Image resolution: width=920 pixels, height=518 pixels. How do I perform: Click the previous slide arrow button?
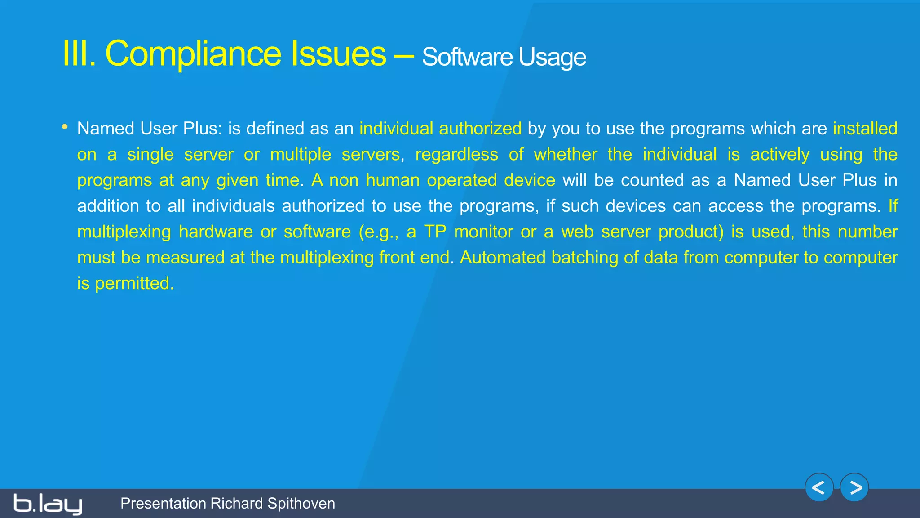(x=819, y=487)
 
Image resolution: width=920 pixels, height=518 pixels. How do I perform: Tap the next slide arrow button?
(x=854, y=487)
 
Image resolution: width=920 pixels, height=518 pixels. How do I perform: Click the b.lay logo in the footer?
(x=48, y=504)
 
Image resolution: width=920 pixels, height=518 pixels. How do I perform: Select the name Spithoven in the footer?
(x=301, y=504)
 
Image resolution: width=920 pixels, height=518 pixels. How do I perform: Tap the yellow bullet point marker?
(x=65, y=127)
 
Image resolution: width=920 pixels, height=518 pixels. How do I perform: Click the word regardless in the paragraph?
(x=456, y=155)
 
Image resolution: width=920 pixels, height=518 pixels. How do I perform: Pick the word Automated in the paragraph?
(x=502, y=258)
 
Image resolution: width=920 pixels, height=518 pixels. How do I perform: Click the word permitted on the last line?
(x=134, y=284)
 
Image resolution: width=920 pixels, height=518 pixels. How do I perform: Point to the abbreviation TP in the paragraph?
(x=435, y=232)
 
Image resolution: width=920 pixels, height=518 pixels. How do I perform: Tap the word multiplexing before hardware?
(x=124, y=232)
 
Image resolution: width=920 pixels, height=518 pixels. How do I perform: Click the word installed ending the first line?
(x=865, y=129)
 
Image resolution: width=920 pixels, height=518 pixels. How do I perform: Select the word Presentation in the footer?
(x=163, y=504)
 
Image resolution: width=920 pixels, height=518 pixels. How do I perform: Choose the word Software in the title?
(x=467, y=58)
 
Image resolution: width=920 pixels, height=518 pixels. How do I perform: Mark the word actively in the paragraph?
(x=780, y=155)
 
